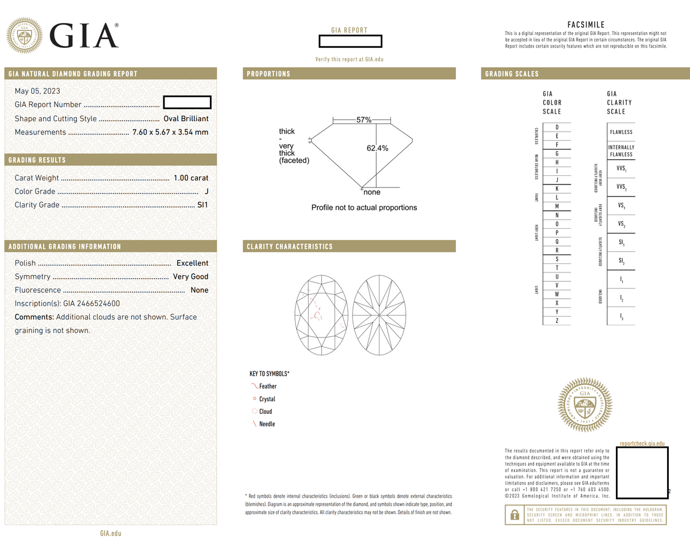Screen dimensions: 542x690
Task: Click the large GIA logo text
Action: [x=86, y=36]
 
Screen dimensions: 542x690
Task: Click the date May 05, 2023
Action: [x=37, y=91]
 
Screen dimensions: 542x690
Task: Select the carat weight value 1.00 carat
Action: [x=191, y=178]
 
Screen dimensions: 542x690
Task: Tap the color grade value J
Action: [x=206, y=191]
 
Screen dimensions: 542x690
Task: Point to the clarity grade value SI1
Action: [x=202, y=205]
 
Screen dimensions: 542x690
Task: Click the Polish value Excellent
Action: [x=192, y=263]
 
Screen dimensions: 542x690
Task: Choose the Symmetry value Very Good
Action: [x=190, y=276]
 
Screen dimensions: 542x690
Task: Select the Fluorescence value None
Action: [x=199, y=290]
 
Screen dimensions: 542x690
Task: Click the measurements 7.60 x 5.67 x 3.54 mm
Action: [x=170, y=132]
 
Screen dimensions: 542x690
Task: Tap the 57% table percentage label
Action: [x=363, y=120]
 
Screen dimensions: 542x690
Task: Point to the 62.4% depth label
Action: [x=377, y=148]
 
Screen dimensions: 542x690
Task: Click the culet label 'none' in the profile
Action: [x=371, y=192]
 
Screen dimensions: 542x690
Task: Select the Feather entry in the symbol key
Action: [x=267, y=386]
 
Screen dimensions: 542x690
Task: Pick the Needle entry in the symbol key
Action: [x=267, y=424]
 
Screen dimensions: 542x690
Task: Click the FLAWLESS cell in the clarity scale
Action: [x=621, y=132]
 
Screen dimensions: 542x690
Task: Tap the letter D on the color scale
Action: [x=557, y=127]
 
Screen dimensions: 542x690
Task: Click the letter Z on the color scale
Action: [x=557, y=320]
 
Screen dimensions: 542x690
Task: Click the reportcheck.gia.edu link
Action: [x=642, y=443]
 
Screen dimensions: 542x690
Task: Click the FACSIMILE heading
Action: [x=585, y=25]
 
